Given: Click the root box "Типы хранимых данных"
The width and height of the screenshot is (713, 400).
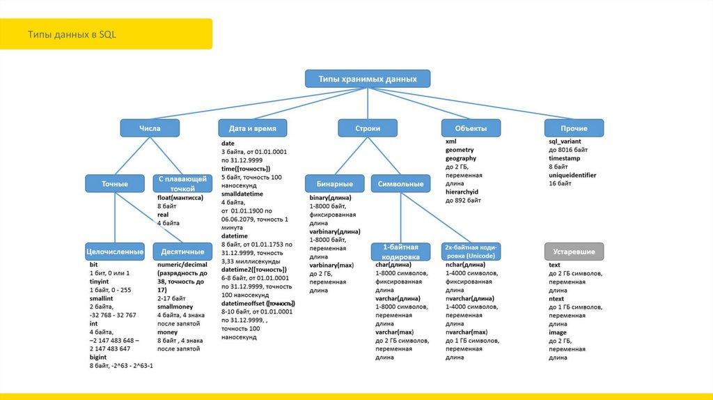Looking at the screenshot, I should click(368, 79).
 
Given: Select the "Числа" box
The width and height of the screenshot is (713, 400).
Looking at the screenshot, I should click(150, 128).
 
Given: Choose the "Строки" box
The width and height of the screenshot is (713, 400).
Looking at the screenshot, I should click(368, 128).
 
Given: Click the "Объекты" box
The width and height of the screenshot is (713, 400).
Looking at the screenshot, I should click(471, 128).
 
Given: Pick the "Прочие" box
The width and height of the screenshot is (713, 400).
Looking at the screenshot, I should click(574, 128).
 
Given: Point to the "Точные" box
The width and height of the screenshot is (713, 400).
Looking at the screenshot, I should click(115, 184).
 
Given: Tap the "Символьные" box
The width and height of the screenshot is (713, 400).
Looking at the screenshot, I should click(400, 184).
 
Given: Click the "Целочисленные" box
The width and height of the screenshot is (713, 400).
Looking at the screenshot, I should click(115, 251).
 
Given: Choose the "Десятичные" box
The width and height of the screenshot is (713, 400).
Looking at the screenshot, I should click(182, 251).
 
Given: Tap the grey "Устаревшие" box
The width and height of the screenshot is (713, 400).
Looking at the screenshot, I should click(574, 251).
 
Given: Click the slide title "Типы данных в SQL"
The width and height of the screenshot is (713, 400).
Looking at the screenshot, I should click(68, 34).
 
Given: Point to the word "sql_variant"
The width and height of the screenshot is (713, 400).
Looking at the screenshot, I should click(565, 141).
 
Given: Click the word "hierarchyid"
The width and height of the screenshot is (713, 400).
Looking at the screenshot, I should click(462, 192).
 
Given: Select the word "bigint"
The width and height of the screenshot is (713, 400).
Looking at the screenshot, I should click(98, 357).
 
